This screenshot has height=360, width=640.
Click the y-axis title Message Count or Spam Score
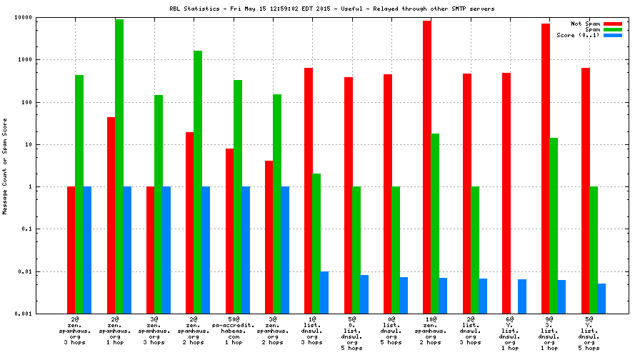coord(5,166)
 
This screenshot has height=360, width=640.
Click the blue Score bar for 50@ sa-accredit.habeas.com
coord(245,250)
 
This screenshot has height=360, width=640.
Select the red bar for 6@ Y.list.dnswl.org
coord(506,193)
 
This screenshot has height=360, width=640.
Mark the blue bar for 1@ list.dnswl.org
coord(324,292)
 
